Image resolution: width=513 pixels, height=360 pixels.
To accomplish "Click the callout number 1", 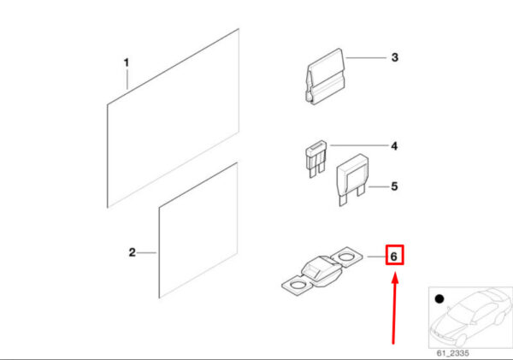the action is coord(127,62).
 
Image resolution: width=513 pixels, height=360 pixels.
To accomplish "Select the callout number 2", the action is coord(133,252).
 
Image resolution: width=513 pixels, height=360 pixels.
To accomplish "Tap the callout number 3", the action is coord(395,57).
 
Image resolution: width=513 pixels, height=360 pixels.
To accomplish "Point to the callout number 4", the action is coord(394,146).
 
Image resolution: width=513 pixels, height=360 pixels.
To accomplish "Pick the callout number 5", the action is coord(394,186).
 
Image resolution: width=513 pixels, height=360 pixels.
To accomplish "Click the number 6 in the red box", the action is coord(394,256).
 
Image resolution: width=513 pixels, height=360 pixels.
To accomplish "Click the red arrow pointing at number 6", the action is coord(394,310).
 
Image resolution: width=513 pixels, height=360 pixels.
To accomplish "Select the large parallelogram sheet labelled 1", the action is coord(173,118).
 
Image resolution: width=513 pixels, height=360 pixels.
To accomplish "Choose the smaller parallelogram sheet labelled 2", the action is coord(198,230).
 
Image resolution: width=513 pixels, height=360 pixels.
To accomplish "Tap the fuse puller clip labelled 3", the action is coord(325,77).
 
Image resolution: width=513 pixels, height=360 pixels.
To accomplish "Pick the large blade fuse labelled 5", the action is coord(352,179).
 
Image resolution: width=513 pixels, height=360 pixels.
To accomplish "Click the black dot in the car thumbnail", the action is coord(439,298).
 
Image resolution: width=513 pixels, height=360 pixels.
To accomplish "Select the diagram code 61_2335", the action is coord(453,353).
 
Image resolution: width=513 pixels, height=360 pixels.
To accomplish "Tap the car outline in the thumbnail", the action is coord(471,317).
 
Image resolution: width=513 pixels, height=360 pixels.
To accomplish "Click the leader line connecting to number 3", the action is coord(366,58).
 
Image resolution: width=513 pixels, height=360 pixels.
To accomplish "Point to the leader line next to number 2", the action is coord(146,252).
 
